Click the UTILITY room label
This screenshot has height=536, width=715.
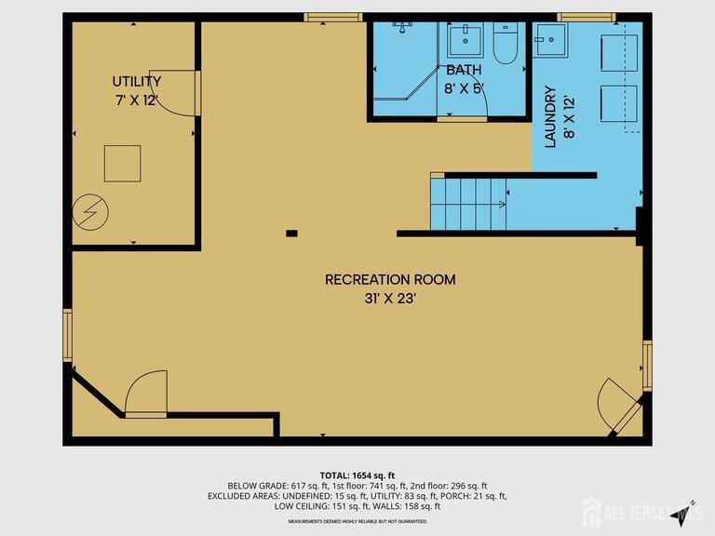(137, 82)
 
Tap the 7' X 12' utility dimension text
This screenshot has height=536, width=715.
(137, 100)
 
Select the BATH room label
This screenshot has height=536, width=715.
(464, 71)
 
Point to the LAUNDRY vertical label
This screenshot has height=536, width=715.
(549, 117)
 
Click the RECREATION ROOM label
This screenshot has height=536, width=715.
(390, 279)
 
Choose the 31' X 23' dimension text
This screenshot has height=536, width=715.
(390, 299)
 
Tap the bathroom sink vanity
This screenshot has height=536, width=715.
(463, 41)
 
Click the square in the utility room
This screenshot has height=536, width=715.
(123, 164)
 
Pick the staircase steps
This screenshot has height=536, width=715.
(468, 205)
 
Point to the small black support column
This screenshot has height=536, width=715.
(291, 233)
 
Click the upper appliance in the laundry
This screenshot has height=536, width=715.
(617, 53)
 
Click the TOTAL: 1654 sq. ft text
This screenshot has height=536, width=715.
(357, 476)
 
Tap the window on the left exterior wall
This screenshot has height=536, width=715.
(67, 336)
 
